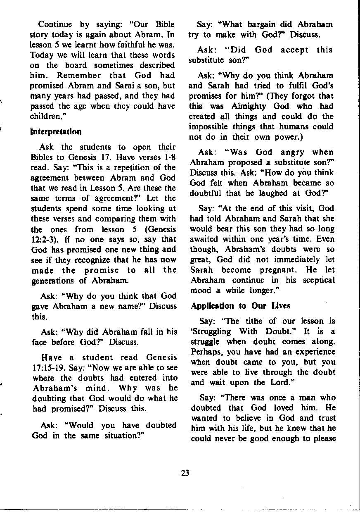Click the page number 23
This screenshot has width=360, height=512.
click(185, 474)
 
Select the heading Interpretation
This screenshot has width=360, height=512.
click(56, 132)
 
